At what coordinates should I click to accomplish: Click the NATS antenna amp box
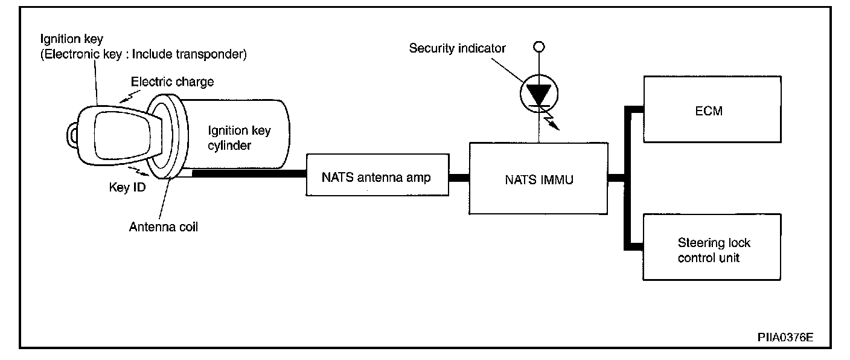377,175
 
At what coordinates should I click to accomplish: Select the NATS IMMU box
538,178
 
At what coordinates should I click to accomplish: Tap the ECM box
712,109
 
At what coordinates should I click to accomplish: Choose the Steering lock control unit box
712,247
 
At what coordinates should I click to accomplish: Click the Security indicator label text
457,48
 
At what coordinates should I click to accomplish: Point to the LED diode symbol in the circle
539,94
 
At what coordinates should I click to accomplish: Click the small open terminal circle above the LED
539,47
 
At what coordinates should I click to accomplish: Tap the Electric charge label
172,82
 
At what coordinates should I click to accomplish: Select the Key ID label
127,187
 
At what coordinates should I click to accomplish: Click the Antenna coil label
164,227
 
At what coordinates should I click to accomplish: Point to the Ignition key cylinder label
240,138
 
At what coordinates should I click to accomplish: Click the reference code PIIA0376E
785,337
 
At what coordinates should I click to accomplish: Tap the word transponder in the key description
211,54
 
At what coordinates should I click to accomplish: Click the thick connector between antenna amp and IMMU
459,178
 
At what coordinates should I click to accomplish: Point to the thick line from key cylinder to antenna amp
249,173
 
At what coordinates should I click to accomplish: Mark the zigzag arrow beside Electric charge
130,97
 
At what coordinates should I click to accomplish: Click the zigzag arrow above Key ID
138,172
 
